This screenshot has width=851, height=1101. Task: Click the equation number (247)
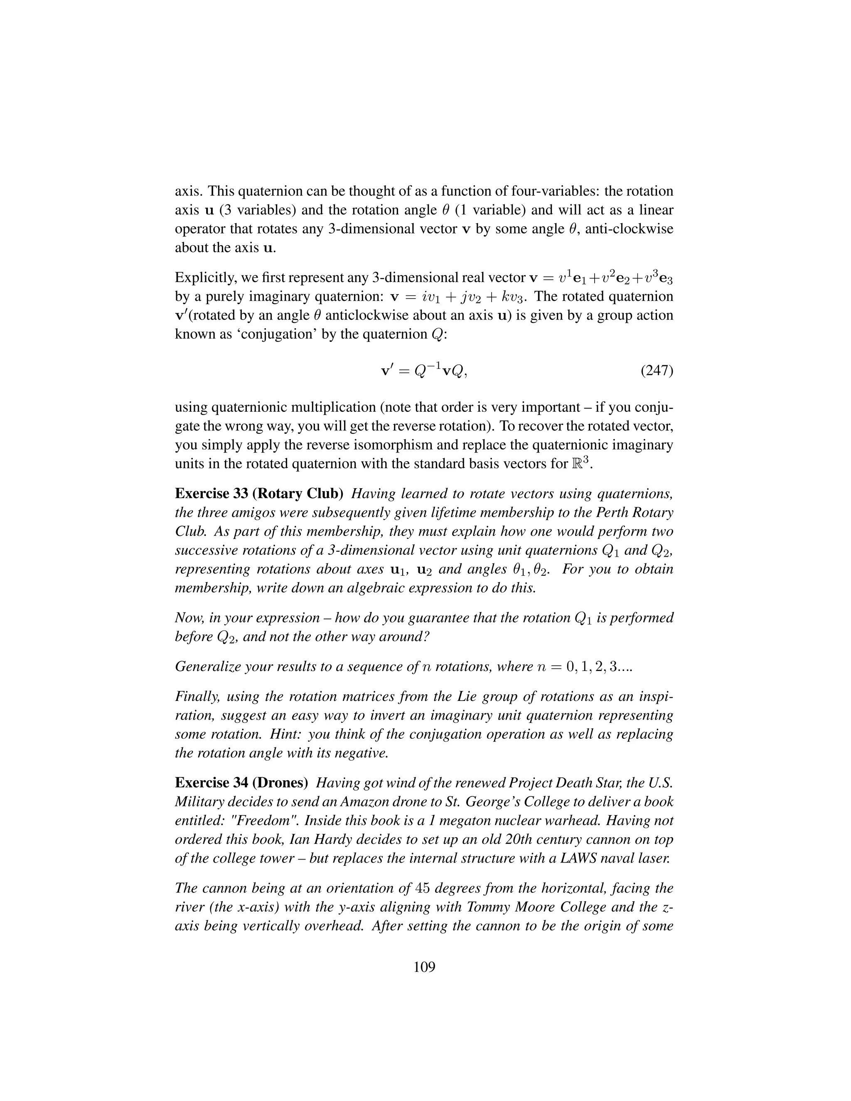pos(657,371)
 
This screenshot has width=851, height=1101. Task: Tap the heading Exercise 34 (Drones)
pos(241,782)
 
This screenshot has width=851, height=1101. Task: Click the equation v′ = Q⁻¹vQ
pos(423,371)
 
